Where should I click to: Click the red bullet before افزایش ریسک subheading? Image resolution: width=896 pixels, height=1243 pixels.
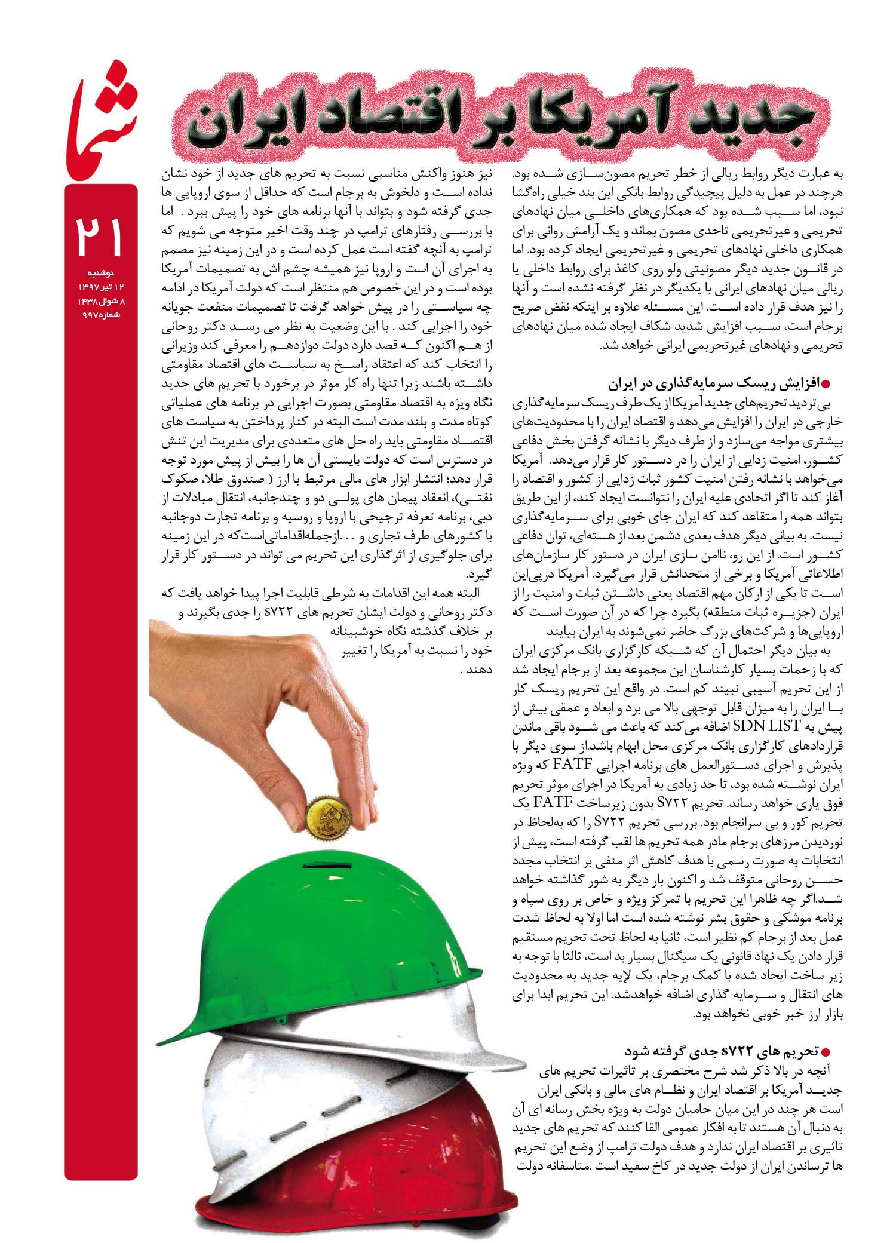(827, 383)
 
